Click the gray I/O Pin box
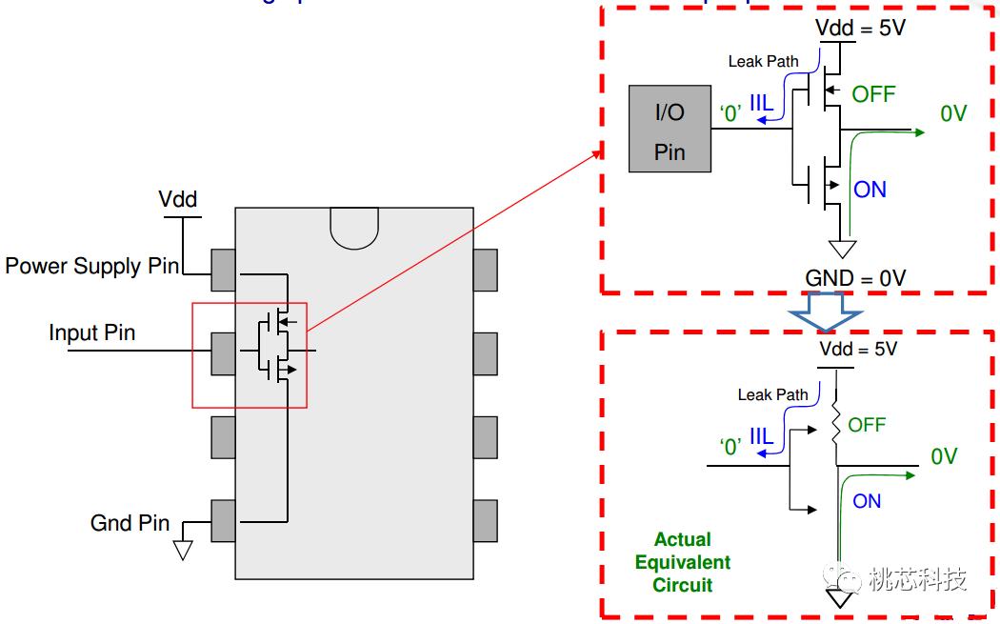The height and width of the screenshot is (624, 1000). click(x=670, y=129)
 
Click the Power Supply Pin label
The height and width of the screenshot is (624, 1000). click(x=91, y=266)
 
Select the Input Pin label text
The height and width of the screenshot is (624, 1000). click(x=91, y=332)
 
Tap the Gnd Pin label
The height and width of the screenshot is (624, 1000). click(x=130, y=523)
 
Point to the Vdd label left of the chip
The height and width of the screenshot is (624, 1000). click(x=178, y=199)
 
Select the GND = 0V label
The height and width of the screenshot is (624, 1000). click(x=855, y=278)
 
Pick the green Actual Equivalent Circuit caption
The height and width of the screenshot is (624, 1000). click(x=683, y=562)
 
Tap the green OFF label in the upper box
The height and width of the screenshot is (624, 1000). click(x=873, y=94)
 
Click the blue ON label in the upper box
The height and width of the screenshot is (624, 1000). click(x=870, y=190)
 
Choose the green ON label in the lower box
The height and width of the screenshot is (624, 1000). click(x=867, y=501)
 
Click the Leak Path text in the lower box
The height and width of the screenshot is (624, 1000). click(x=772, y=394)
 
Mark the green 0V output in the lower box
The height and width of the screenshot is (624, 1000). click(x=943, y=457)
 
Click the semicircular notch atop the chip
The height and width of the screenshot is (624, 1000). click(x=353, y=227)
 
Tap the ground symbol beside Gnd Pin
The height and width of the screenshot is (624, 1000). click(x=183, y=549)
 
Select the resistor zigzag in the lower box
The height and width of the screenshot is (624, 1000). click(x=835, y=424)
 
